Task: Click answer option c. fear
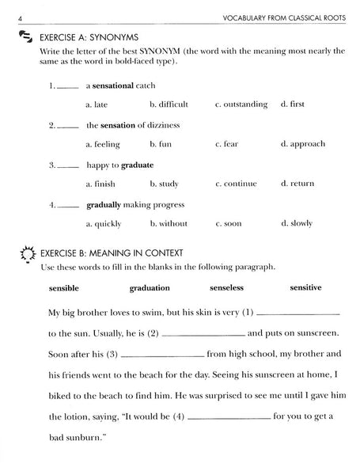[x=226, y=144]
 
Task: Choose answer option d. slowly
[x=297, y=223]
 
